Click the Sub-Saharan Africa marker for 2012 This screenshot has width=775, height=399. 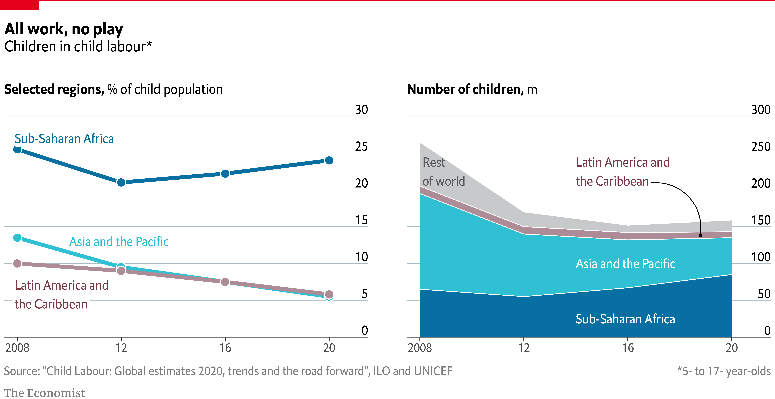tap(121, 182)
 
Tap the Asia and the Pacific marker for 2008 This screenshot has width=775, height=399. tap(17, 238)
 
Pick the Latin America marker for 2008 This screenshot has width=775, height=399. tap(17, 264)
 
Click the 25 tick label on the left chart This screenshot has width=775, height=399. tap(361, 147)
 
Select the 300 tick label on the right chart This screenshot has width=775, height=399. tap(761, 110)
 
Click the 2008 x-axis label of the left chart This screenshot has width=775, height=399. tap(17, 348)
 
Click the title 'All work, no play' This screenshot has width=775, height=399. tap(64, 29)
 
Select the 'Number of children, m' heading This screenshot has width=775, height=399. tap(472, 89)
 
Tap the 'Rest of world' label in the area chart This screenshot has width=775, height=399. tap(444, 172)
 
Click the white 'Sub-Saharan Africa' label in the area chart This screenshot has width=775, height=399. tap(625, 319)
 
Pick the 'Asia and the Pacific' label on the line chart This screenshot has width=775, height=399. tap(119, 242)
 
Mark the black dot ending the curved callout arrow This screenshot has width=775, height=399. tap(700, 235)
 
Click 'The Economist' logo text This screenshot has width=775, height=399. tap(45, 393)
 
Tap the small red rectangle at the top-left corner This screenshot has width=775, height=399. tap(19, 5)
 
